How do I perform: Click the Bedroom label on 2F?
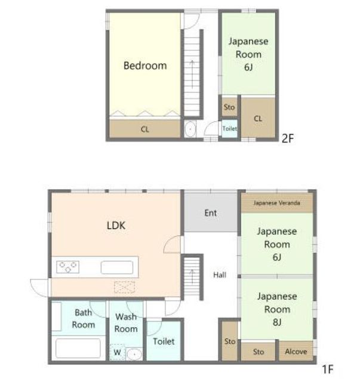(x=145, y=66)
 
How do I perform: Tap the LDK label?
(x=116, y=226)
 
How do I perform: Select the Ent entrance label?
(x=211, y=213)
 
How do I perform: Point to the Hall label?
(x=220, y=275)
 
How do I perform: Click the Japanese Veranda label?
(x=276, y=203)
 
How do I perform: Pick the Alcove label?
(x=296, y=352)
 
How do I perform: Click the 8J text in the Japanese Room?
(x=277, y=322)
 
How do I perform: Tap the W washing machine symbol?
(x=117, y=352)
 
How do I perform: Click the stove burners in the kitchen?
(x=67, y=267)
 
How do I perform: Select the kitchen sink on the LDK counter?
(x=117, y=267)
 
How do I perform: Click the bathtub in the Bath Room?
(x=78, y=349)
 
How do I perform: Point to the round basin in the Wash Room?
(x=134, y=354)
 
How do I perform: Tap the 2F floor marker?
(x=288, y=138)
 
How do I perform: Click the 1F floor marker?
(x=328, y=369)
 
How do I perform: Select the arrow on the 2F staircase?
(x=192, y=74)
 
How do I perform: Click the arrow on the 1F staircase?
(x=192, y=277)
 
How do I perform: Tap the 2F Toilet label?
(x=230, y=128)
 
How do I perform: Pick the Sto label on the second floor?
(x=229, y=107)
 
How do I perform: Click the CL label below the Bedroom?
(x=145, y=130)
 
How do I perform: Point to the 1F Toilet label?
(x=164, y=341)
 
